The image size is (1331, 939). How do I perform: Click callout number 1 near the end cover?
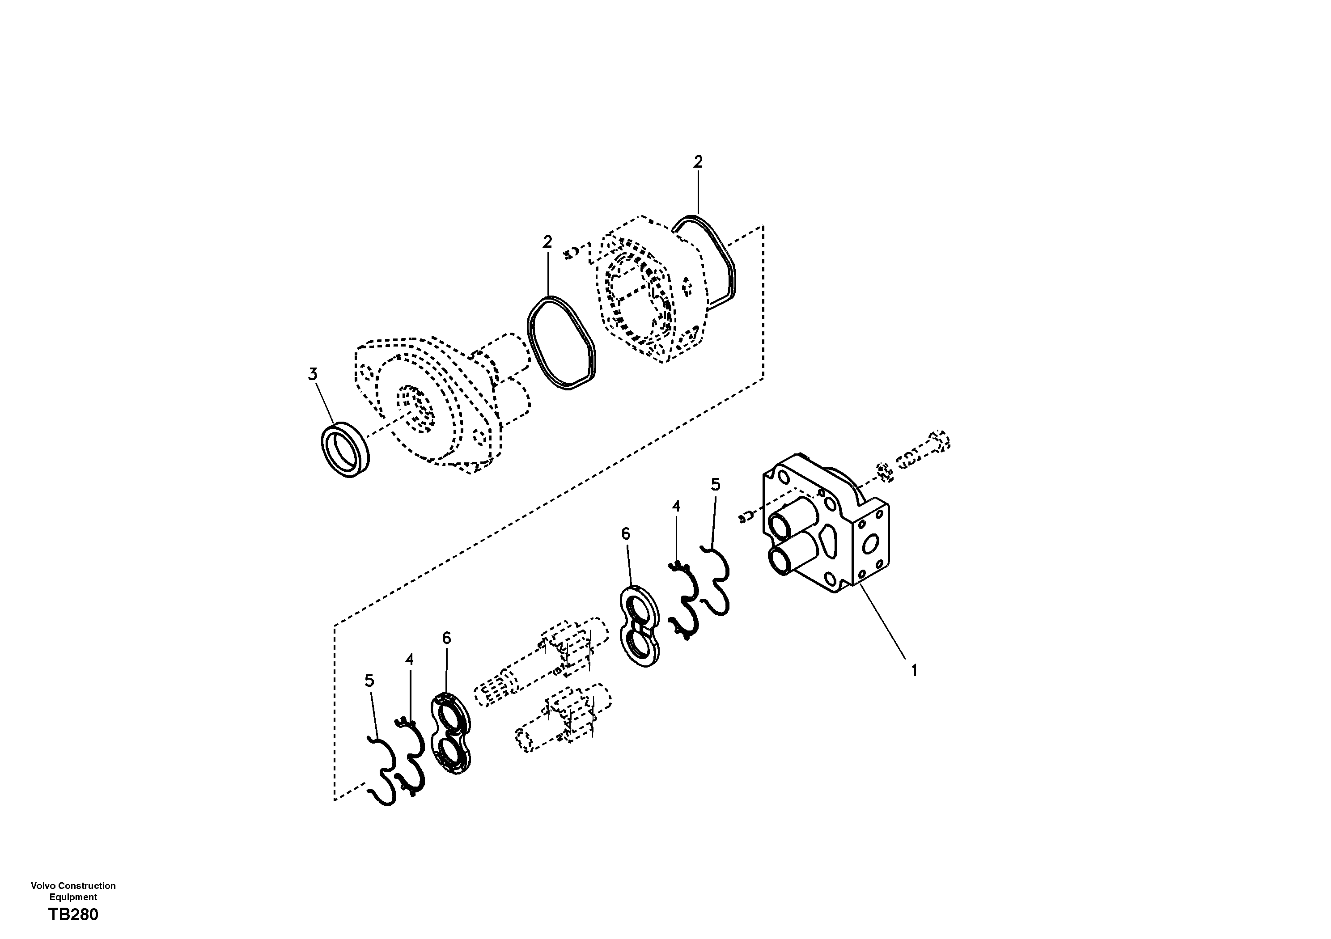pyautogui.click(x=914, y=671)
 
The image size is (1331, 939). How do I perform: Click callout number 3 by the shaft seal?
pyautogui.click(x=313, y=374)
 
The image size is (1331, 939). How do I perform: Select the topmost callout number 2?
pyautogui.click(x=698, y=162)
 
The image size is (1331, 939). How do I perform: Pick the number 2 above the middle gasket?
pyautogui.click(x=547, y=242)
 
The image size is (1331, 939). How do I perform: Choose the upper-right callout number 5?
pyautogui.click(x=715, y=485)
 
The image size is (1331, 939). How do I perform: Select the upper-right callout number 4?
pyautogui.click(x=675, y=506)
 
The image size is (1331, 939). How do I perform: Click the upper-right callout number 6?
pyautogui.click(x=626, y=534)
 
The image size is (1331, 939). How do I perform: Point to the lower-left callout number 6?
pyautogui.click(x=446, y=638)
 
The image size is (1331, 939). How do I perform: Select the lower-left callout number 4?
pyautogui.click(x=409, y=660)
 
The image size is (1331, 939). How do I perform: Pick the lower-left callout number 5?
pyautogui.click(x=369, y=681)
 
